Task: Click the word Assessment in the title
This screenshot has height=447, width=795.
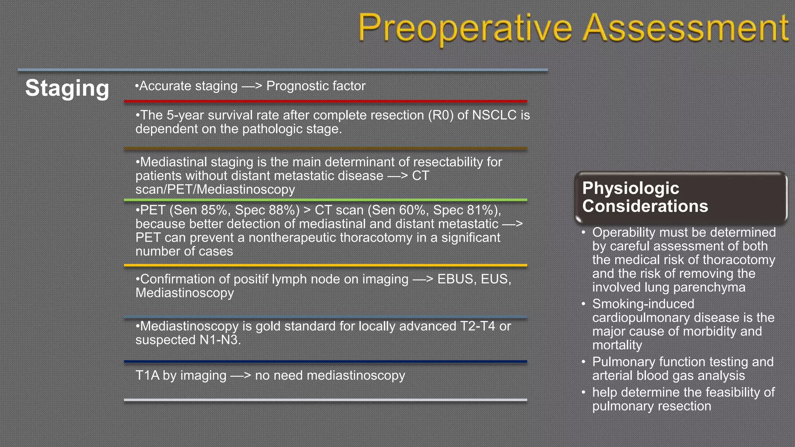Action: click(x=686, y=28)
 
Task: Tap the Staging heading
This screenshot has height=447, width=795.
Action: click(x=67, y=88)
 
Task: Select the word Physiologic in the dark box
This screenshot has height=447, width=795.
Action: click(x=630, y=188)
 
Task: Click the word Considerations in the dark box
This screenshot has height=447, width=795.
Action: click(x=645, y=206)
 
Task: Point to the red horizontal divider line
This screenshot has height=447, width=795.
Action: click(x=325, y=101)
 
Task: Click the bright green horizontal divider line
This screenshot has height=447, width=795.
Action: click(x=325, y=200)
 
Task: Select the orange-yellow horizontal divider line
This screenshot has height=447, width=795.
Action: click(x=325, y=265)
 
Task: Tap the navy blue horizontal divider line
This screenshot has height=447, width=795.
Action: click(x=325, y=361)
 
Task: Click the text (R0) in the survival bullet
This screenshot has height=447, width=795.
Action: click(x=441, y=115)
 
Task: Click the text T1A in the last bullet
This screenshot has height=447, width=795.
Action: click(x=147, y=375)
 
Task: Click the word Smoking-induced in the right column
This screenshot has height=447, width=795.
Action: click(x=643, y=304)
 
